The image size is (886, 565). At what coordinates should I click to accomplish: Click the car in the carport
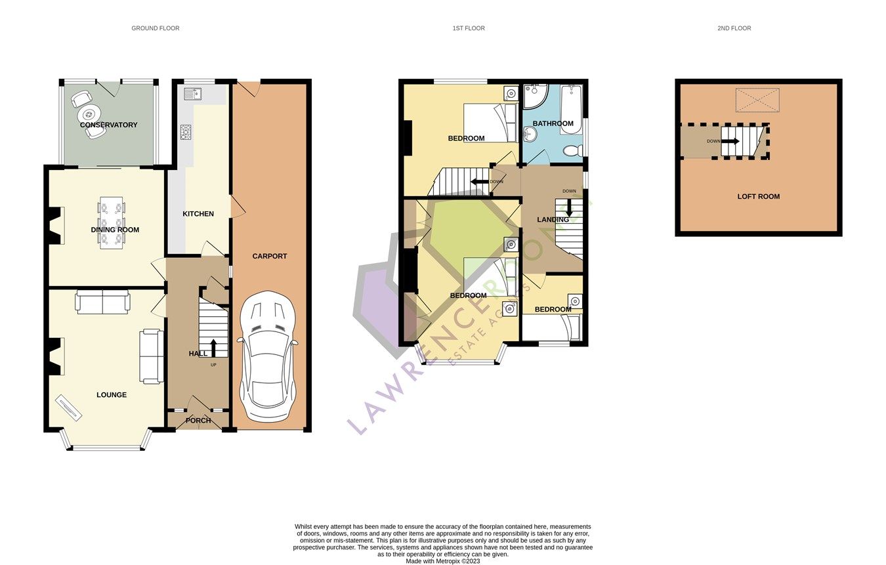click(269, 358)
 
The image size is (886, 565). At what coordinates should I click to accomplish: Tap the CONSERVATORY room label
click(108, 125)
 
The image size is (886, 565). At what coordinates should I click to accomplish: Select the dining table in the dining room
click(111, 223)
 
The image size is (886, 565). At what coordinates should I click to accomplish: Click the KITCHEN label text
click(198, 214)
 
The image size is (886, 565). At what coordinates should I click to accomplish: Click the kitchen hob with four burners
click(185, 133)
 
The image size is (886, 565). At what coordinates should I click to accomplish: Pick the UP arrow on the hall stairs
click(213, 348)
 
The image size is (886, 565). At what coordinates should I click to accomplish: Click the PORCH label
click(198, 421)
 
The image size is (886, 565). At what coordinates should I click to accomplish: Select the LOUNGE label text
click(112, 395)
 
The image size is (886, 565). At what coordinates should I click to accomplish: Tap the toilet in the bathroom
click(572, 150)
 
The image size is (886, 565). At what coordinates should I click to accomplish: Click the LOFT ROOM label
click(758, 196)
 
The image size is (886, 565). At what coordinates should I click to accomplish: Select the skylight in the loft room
click(757, 100)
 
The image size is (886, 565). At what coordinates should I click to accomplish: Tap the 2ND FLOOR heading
click(734, 28)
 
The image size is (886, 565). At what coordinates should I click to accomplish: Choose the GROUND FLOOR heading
click(155, 28)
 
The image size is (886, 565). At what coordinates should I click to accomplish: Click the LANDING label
click(553, 220)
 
